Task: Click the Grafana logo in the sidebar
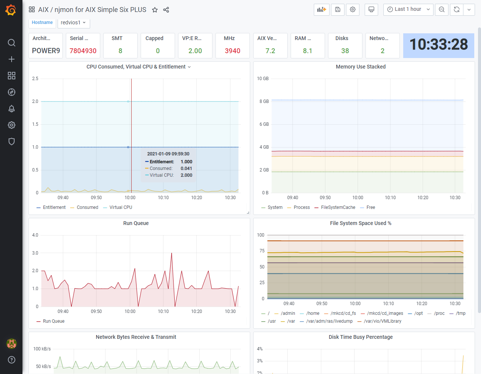tap(11, 10)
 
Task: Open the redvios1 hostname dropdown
tap(73, 22)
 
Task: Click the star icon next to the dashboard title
tap(155, 10)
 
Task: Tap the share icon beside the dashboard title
tap(166, 10)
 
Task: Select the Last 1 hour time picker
tap(408, 9)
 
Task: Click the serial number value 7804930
tap(83, 51)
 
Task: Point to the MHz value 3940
tap(232, 51)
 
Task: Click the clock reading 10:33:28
tap(438, 44)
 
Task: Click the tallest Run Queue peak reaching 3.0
tap(172, 253)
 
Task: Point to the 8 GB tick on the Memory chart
tap(264, 101)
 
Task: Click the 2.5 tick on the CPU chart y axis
tap(35, 79)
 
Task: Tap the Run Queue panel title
tap(136, 223)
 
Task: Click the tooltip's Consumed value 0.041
tap(186, 168)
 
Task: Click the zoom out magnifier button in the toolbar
tap(442, 9)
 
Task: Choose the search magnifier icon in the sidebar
tap(12, 43)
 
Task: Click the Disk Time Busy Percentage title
tap(361, 337)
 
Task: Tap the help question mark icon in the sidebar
tap(12, 360)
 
